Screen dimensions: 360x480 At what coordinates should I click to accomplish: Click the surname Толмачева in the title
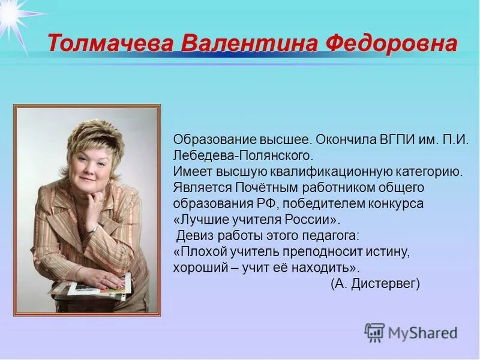[x=109, y=44]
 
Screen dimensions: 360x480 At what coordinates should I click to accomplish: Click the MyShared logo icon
[x=374, y=332]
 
